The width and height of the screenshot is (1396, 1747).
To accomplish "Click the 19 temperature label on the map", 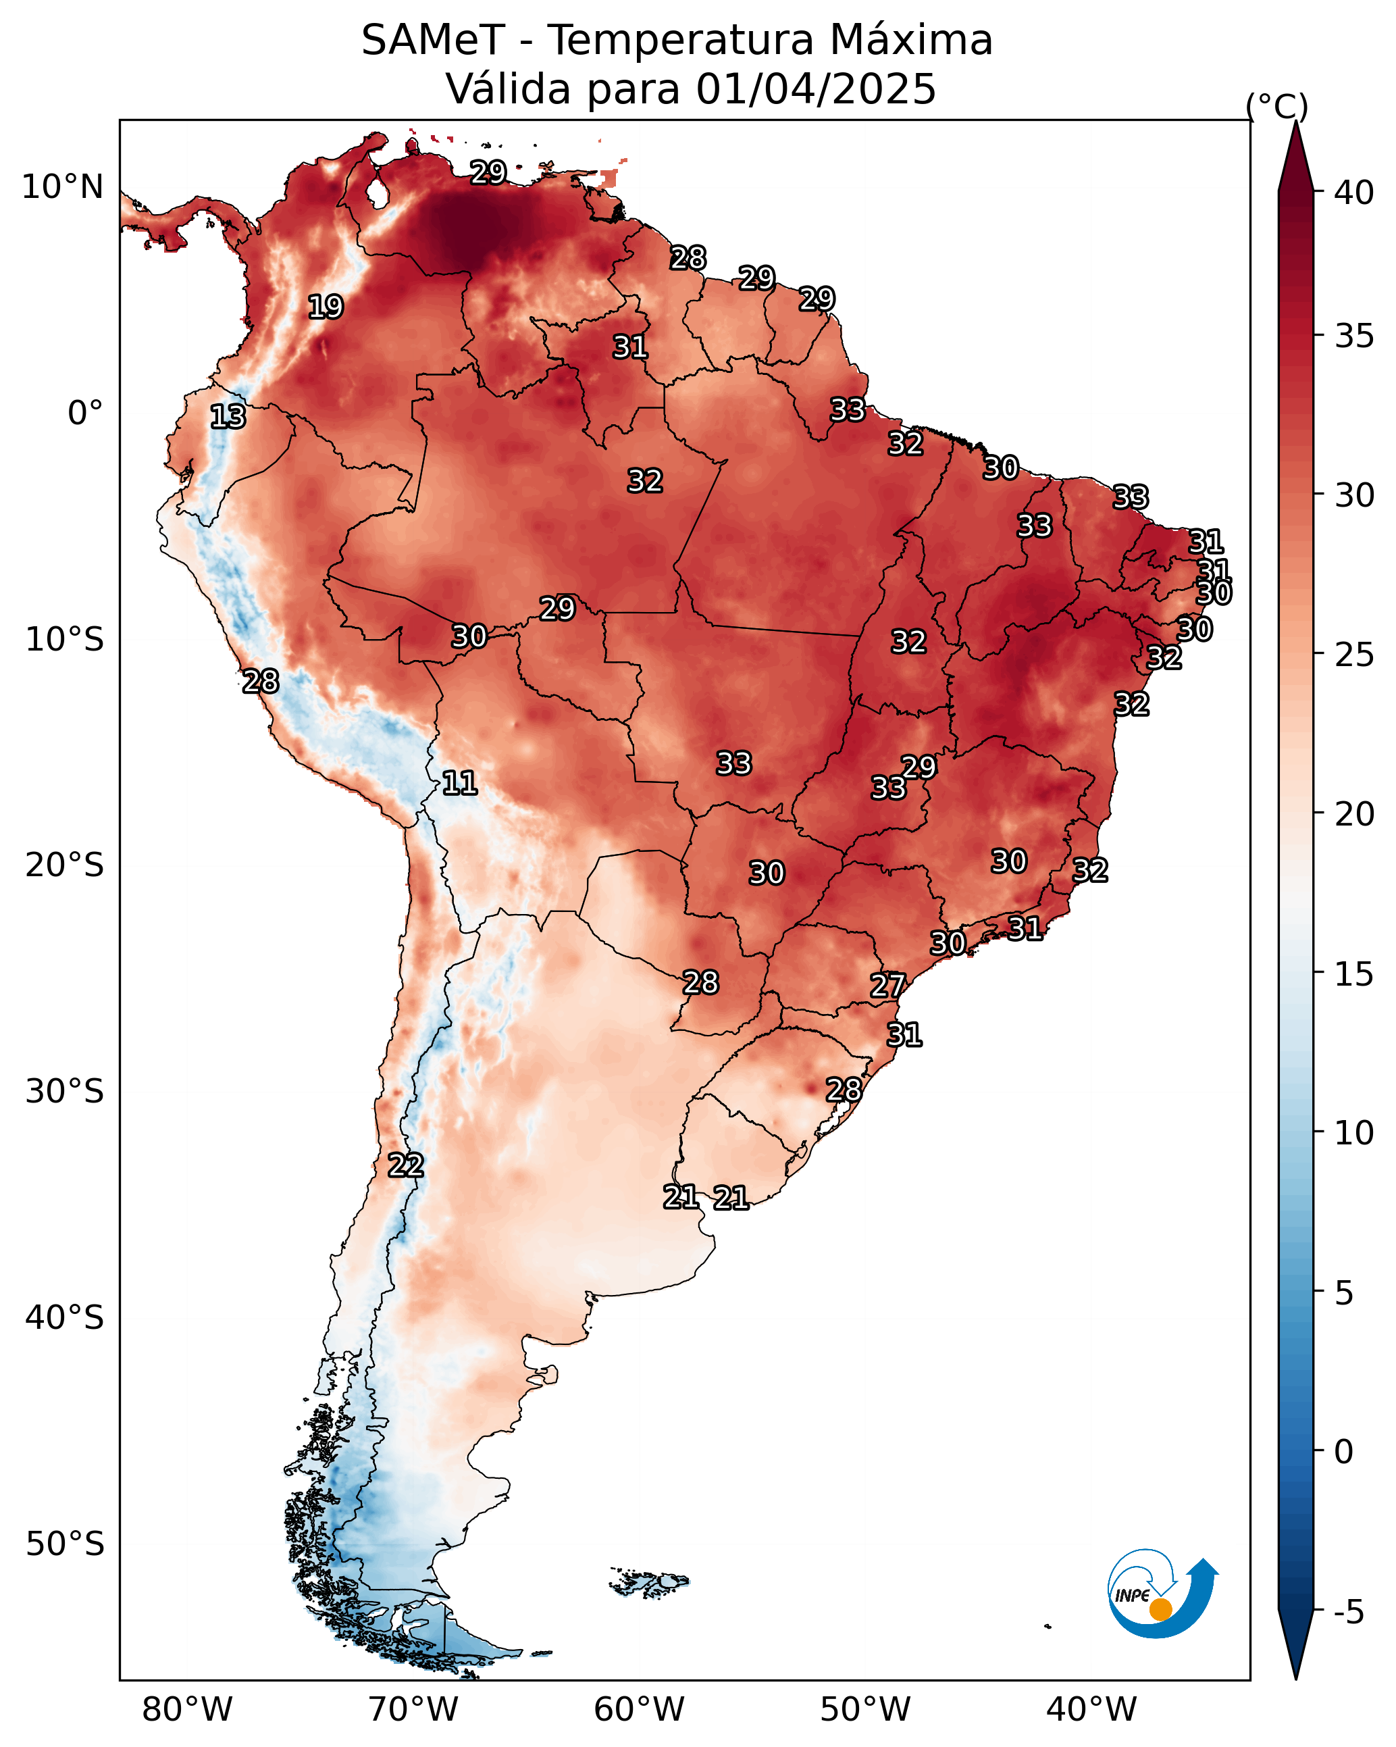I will click(326, 307).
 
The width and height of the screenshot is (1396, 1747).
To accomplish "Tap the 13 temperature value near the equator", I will click(228, 417).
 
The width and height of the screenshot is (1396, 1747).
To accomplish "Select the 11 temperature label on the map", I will click(459, 783).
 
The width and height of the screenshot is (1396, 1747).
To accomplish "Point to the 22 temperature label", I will click(406, 1165).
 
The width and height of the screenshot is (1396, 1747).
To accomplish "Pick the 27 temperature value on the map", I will click(887, 986).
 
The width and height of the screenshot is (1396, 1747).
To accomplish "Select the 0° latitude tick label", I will click(85, 413).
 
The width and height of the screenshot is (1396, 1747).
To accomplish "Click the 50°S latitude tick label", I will click(65, 1544).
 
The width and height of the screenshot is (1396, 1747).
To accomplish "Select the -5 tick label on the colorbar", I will click(1349, 1613).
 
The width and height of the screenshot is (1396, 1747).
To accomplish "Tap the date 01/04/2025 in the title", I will click(816, 88).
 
